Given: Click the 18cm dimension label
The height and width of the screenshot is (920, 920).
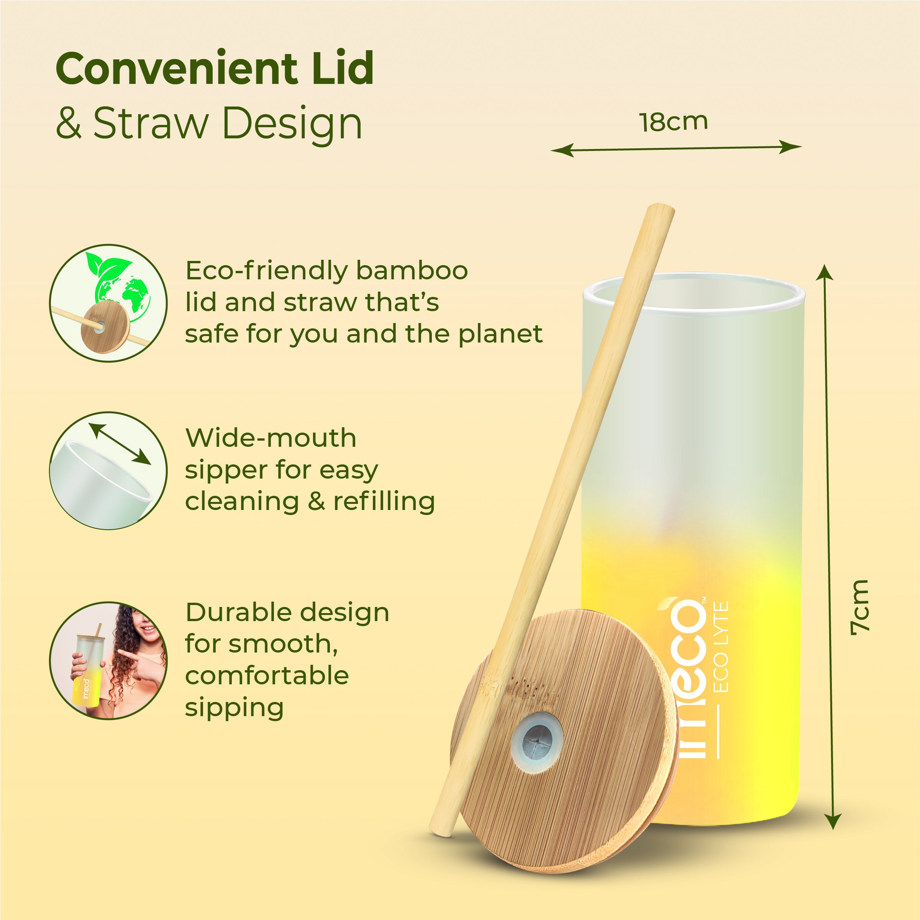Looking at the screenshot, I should [x=673, y=122].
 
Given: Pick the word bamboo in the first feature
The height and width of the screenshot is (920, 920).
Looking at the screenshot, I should [x=412, y=271].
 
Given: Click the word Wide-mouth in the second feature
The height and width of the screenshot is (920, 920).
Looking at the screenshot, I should [x=271, y=438].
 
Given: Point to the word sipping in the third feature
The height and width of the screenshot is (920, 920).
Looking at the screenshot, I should [x=234, y=708].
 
